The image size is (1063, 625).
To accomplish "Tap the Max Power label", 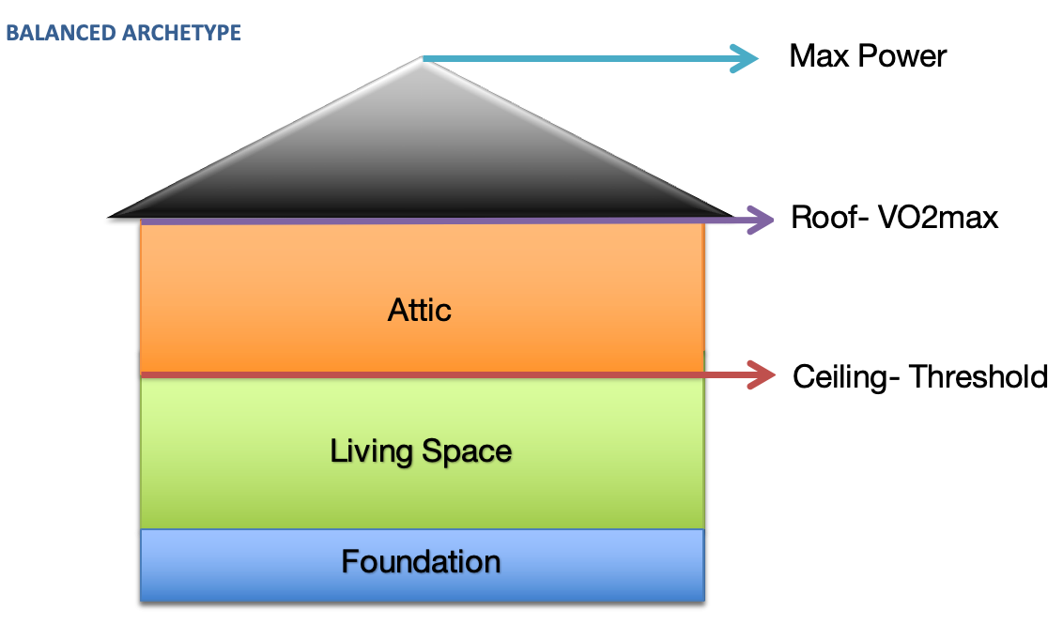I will [x=868, y=56].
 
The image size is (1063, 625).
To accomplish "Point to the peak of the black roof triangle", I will [x=422, y=58].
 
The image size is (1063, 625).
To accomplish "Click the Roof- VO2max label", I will [x=894, y=219].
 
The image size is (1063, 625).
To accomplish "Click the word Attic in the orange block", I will [x=420, y=310].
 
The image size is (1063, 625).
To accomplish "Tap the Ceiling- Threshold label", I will [x=920, y=376].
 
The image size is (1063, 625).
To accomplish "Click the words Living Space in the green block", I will [x=421, y=451].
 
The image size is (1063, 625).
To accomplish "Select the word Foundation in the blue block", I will [x=421, y=561].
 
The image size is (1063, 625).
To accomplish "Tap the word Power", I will [x=904, y=56].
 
